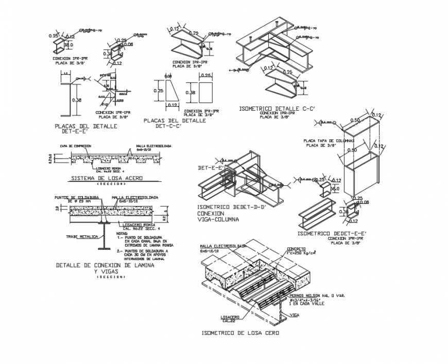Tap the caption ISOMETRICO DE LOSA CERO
(240, 333)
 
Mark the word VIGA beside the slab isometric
(295, 314)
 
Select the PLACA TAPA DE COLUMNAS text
(329, 141)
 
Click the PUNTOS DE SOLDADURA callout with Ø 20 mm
(75, 199)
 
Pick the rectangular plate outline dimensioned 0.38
(205, 93)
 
